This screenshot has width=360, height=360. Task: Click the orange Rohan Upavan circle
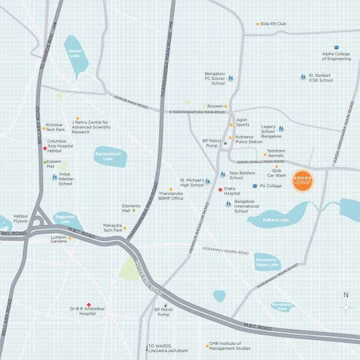(x=302, y=182)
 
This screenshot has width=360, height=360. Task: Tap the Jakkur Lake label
(x=74, y=53)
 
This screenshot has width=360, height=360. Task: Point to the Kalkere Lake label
(x=276, y=220)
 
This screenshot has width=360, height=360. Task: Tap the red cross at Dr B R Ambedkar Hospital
(x=89, y=305)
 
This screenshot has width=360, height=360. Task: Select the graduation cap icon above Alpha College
(x=337, y=47)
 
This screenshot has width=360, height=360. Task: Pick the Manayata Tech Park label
(x=113, y=227)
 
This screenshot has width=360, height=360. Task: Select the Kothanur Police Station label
(x=249, y=139)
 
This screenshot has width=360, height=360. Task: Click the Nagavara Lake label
(x=64, y=220)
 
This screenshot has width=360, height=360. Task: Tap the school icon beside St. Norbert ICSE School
(x=303, y=77)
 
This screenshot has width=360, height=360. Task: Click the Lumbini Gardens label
(x=58, y=238)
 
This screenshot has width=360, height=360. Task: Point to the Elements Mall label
(x=122, y=208)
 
